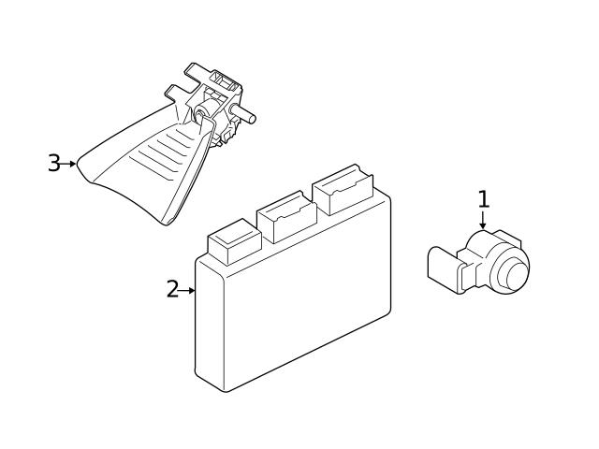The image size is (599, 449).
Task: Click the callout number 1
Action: tap(483, 198)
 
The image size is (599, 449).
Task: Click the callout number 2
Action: tap(171, 290)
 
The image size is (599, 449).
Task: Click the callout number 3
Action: tap(53, 164)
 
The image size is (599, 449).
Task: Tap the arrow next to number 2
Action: tap(187, 290)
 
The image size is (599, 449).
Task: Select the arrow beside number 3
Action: tap(69, 164)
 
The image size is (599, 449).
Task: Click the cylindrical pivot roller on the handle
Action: tap(202, 115)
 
